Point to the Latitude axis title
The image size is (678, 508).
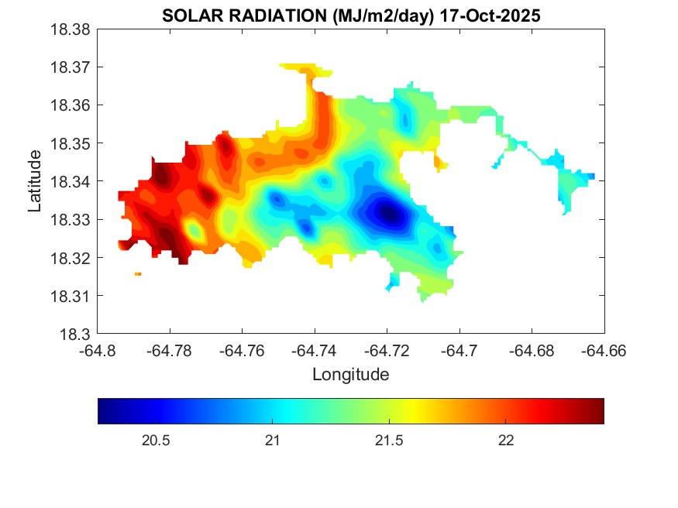(x=35, y=181)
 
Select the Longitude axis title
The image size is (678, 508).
(x=350, y=375)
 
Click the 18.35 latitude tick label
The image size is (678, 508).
(x=71, y=143)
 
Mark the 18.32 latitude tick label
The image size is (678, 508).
(x=71, y=258)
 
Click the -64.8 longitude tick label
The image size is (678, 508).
(x=98, y=351)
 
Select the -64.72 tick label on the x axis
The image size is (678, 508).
(x=387, y=351)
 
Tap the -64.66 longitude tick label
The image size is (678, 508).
(x=604, y=351)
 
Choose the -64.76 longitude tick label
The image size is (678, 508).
(x=243, y=351)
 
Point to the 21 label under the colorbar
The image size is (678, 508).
(x=272, y=441)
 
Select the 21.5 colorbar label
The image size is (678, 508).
(x=389, y=441)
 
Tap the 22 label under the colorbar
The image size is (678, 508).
(x=506, y=441)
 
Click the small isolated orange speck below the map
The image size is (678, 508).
(x=138, y=274)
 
